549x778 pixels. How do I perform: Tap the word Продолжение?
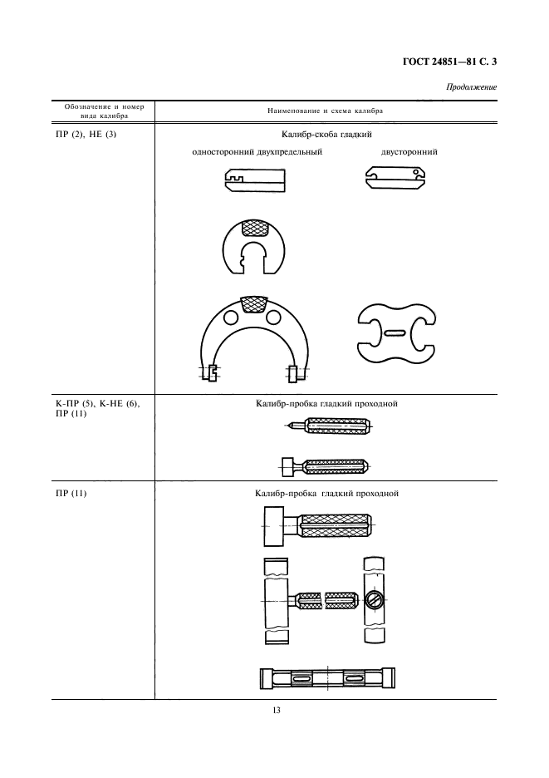pos(471,87)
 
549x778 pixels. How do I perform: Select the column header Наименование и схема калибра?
pos(326,111)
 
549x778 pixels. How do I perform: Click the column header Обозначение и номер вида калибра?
pos(104,111)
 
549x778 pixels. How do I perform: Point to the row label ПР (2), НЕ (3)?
pos(86,134)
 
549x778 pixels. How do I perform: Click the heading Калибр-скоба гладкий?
pos(326,135)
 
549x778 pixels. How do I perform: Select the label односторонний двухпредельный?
pos(257,152)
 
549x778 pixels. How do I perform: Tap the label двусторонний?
pos(409,152)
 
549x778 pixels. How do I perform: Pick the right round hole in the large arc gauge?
pos(273,316)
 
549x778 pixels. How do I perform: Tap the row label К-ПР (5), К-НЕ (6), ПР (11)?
pos(98,409)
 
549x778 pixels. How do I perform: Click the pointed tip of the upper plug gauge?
pos(287,425)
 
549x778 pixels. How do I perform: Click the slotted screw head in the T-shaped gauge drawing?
pos(374,599)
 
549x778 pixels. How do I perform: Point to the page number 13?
pos(277,710)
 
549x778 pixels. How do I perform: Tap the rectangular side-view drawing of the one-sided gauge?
pos(254,180)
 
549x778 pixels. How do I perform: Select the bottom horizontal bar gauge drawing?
pos(327,678)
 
